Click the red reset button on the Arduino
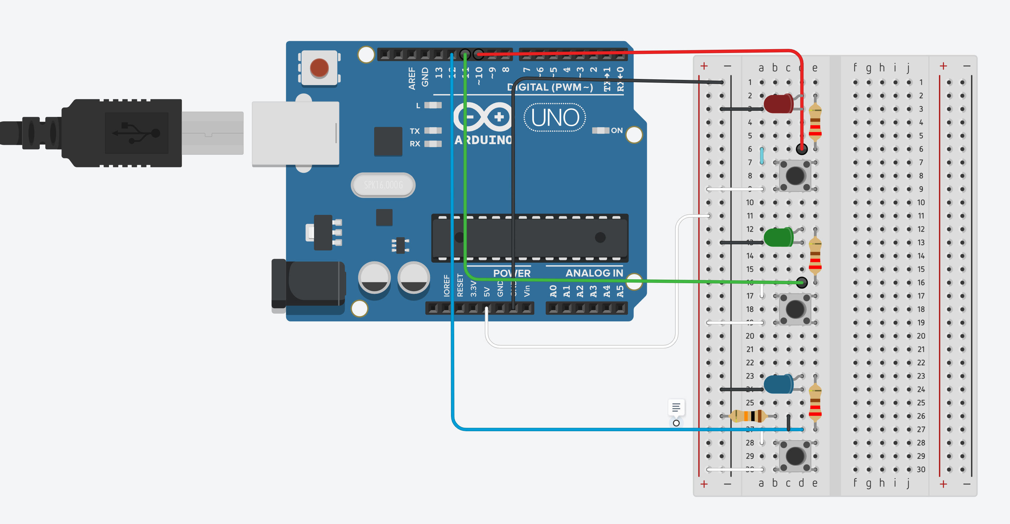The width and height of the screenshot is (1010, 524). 319,68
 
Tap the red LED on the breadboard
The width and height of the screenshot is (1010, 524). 778,104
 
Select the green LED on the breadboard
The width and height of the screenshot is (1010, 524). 778,237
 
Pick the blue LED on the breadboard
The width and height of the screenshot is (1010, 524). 778,384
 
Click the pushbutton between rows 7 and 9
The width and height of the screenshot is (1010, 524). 795,175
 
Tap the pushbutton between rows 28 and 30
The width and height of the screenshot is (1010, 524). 795,456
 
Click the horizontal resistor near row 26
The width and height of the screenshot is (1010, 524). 748,416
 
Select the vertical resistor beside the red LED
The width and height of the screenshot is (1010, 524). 815,122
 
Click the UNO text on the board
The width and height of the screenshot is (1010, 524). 555,117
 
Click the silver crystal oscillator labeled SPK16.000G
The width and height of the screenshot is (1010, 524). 383,185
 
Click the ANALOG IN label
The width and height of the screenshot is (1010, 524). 594,273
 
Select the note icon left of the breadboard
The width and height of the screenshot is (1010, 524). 676,407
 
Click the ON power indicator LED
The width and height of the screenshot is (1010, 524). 600,130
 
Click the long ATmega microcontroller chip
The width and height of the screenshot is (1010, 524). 529,238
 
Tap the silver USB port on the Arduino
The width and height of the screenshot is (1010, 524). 295,134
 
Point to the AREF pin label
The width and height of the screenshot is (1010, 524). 411,78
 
